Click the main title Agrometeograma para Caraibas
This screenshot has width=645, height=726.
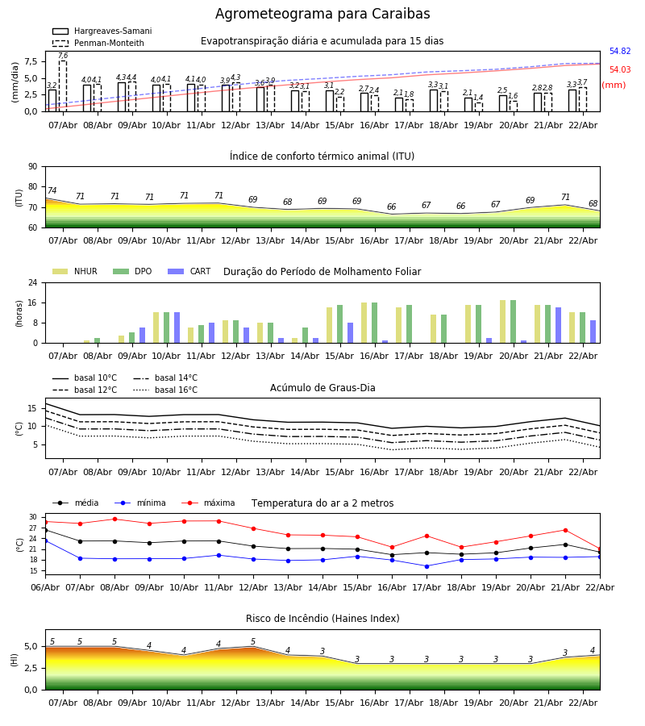coord(322,15)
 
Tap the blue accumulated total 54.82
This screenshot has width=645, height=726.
coord(620,52)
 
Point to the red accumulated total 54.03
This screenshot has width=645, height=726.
coord(620,70)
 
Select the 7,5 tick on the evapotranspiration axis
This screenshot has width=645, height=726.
coord(29,61)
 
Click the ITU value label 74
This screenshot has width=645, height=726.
coord(52,191)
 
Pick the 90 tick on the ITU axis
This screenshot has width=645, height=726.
coord(32,166)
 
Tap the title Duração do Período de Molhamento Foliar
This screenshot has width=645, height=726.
coord(322,272)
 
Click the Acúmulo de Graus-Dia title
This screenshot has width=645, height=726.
coord(322,388)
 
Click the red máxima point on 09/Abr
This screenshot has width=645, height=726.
coord(114,519)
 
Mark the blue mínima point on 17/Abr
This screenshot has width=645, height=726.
coord(427,566)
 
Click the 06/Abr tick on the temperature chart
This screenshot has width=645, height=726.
coord(45,586)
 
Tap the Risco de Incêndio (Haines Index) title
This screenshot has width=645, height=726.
coord(322,619)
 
